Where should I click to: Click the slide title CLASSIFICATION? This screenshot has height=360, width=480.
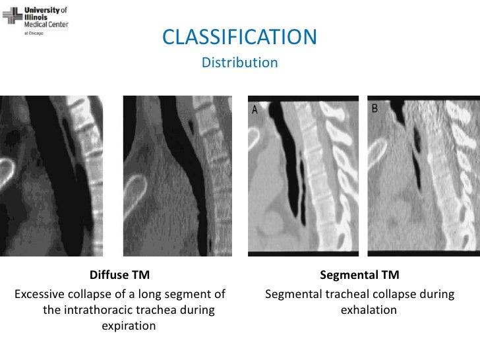coord(239,38)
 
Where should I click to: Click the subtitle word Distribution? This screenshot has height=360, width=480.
coord(239,63)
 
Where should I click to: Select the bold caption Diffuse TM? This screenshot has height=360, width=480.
coord(119,275)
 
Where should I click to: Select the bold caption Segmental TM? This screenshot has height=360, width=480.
coord(359,275)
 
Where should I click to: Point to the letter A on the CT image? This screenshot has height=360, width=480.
coord(254,111)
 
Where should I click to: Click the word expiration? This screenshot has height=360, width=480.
coord(129,326)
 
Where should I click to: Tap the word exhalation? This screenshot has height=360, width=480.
coord(369,310)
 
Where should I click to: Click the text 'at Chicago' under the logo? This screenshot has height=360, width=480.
coord(34,33)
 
